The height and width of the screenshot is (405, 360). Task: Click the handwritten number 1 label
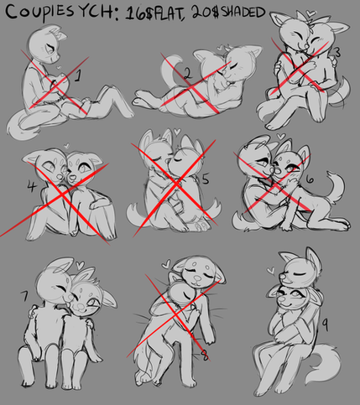click(78, 75)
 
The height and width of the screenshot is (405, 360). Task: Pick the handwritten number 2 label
click(188, 74)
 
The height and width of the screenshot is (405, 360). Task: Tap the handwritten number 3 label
click(337, 53)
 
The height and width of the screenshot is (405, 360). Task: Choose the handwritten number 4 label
click(32, 186)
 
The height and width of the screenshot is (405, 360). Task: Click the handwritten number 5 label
click(206, 179)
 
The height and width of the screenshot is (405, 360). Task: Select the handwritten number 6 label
click(310, 179)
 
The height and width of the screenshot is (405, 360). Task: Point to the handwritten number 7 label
click(25, 296)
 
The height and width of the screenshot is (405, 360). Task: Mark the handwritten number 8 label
click(205, 356)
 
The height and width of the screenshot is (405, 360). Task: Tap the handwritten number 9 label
click(325, 325)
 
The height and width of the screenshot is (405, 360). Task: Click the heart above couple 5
click(177, 131)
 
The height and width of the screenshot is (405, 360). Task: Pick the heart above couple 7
click(80, 264)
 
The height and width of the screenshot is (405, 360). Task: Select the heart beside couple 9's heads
click(271, 270)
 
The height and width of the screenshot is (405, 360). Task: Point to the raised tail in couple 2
click(171, 70)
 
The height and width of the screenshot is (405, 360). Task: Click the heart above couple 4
click(66, 145)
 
